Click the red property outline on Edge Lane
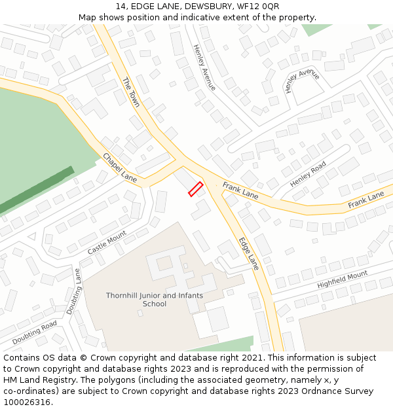196,189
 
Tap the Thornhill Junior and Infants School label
155,300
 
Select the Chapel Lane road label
120,168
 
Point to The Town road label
132,92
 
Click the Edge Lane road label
249,253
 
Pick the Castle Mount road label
107,243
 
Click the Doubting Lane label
73,291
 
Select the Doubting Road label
35,333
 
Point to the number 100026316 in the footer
27,402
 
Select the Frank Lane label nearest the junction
240,191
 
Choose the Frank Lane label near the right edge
365,200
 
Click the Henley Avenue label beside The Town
204,67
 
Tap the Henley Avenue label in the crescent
303,80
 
